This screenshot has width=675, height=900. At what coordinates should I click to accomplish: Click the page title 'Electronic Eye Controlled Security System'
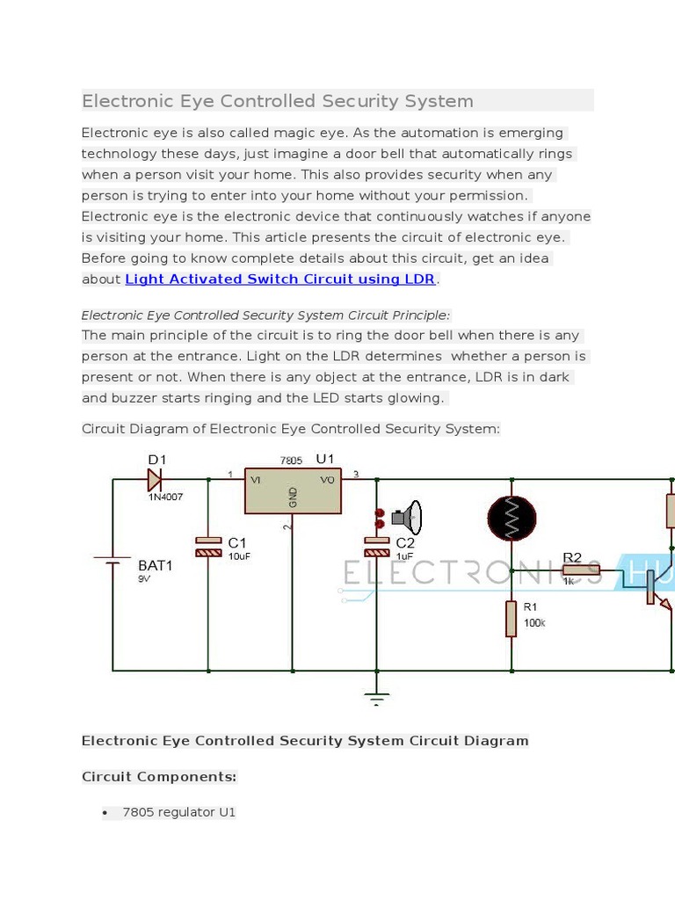pos(278,101)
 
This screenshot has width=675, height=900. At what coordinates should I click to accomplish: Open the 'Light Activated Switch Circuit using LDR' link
pos(280,279)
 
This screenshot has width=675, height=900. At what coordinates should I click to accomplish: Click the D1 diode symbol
pos(155,479)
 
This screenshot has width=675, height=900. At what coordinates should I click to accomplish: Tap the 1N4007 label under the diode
pos(165,497)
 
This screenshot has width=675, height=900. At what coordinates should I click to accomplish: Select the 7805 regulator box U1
pos(293,490)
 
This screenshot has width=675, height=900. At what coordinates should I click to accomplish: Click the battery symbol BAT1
pos(112,561)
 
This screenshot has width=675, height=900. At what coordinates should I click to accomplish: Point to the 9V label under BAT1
pos(144,579)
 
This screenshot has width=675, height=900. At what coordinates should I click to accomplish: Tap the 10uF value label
pos(239,556)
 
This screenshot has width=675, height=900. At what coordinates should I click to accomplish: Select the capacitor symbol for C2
pos(376,547)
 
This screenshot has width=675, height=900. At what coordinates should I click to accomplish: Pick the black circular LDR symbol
pos(512,519)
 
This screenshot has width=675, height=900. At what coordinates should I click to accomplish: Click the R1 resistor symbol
pos(511,619)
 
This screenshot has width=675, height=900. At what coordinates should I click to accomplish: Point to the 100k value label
pos(534,622)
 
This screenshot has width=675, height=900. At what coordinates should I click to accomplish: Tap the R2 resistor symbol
pos(581,570)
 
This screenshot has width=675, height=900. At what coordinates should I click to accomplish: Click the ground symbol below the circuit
pos(376,698)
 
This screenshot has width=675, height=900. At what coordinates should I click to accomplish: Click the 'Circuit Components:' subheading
pos(159,777)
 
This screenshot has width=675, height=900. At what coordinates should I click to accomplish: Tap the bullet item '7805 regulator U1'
pos(179,812)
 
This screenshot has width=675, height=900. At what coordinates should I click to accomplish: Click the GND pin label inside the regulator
pos(294,497)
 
